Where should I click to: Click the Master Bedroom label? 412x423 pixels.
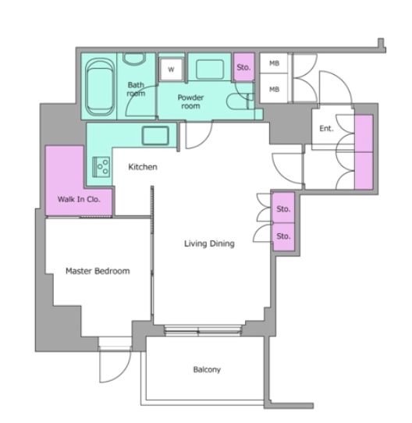pos(98,271)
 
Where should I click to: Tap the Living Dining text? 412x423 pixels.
pos(209,243)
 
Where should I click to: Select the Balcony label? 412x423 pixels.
pos(207,369)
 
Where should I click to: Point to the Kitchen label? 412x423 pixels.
pos(143,167)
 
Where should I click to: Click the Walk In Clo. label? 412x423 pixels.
pos(79,199)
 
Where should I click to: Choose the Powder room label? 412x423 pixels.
pos(190,101)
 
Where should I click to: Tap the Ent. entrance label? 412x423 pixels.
pos(326,129)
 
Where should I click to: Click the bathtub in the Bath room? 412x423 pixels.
pos(100,87)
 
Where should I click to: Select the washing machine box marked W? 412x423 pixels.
pos(171,69)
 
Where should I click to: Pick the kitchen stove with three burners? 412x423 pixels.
pos(101,167)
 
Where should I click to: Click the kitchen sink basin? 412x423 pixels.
pos(155,136)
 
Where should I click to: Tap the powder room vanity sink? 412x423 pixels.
pos(210,69)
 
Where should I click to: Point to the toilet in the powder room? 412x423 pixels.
pos(240,101)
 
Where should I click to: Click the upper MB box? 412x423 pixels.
pos(274,63)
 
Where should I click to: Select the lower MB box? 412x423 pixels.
pos(274,88)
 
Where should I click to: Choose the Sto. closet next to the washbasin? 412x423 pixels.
pos(243,67)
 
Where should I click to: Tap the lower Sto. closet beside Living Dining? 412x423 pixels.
pos(283,236)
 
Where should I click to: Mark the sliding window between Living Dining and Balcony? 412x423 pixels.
pos(202,330)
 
